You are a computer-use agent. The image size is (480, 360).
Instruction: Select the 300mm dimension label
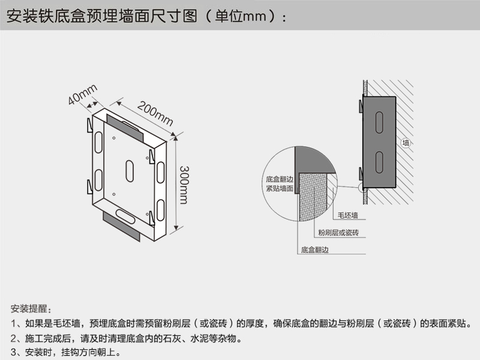pyautogui.click(x=184, y=182)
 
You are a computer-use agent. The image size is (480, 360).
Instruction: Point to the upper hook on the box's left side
pyautogui.click(x=89, y=127)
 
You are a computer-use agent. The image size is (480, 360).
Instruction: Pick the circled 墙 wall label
pyautogui.click(x=406, y=143)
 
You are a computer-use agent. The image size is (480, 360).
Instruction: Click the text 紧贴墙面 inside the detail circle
pyautogui.click(x=280, y=188)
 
